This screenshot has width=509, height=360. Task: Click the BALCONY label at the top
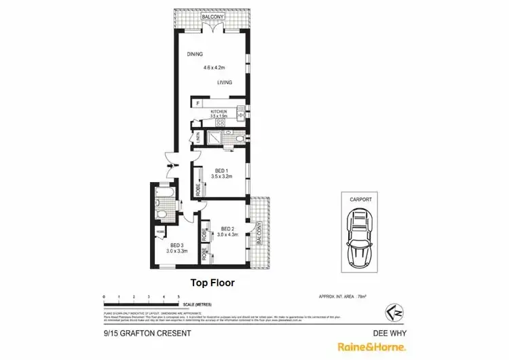pyautogui.click(x=213, y=16)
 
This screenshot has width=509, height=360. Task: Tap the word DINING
pyautogui.click(x=195, y=54)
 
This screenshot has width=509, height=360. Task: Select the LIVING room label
pyautogui.click(x=225, y=83)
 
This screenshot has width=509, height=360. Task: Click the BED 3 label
pyautogui.click(x=176, y=245)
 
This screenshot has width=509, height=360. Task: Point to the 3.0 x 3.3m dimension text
pyautogui.click(x=176, y=251)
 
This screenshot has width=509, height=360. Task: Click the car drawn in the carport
pyautogui.click(x=360, y=238)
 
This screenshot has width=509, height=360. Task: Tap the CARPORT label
pyautogui.click(x=360, y=200)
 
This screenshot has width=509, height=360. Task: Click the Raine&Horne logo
pyautogui.click(x=373, y=346)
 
